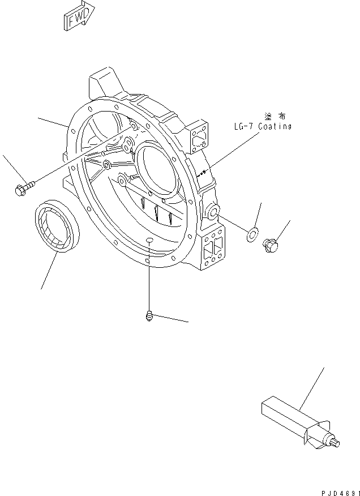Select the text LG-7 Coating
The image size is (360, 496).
[262, 127]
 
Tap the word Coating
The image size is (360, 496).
[275, 127]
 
